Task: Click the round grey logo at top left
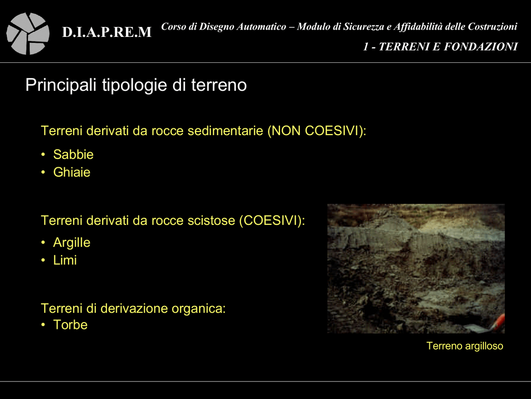(28, 34)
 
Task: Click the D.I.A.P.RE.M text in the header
(107, 32)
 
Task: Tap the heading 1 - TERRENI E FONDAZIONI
(440, 46)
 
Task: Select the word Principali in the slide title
(61, 85)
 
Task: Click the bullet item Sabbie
(73, 154)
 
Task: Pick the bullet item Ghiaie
(72, 172)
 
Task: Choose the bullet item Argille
(72, 243)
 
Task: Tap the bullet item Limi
(65, 260)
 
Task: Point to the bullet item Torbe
(71, 325)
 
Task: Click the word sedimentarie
(225, 130)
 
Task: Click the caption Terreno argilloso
(465, 346)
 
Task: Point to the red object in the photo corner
(499, 322)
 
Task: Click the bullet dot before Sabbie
(43, 155)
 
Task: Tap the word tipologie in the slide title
(135, 85)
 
